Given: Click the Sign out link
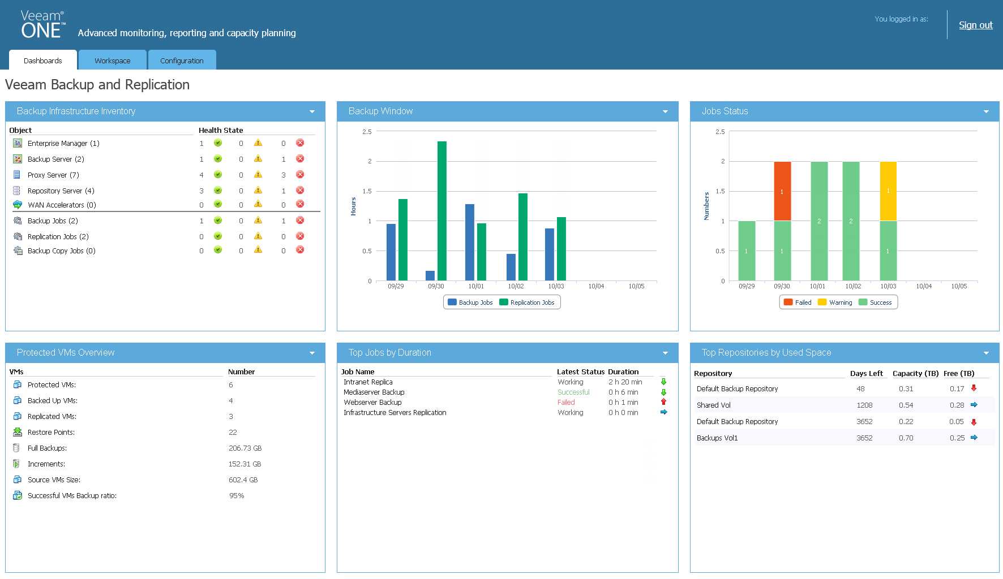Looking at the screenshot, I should click(x=975, y=25).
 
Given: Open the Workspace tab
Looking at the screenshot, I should click(x=112, y=61).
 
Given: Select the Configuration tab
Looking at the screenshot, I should click(x=182, y=61).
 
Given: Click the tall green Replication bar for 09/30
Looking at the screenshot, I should click(x=442, y=210).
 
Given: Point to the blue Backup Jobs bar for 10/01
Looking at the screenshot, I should click(x=470, y=242).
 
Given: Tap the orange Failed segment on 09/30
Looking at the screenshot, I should click(x=782, y=191).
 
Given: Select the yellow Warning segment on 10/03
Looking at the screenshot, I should click(x=888, y=191).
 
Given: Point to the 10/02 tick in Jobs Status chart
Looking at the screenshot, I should click(x=853, y=286).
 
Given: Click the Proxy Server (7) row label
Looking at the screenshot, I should click(x=53, y=175).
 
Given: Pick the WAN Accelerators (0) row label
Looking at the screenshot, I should click(x=62, y=205).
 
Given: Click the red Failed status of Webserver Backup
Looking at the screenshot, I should click(x=566, y=403).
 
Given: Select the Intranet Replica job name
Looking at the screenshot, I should click(x=368, y=382).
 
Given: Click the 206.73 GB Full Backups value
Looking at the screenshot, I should click(x=245, y=448).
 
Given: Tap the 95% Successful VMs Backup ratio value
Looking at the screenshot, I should click(x=237, y=496).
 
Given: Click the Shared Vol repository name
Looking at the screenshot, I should click(x=713, y=405).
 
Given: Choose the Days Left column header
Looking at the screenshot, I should click(x=866, y=374).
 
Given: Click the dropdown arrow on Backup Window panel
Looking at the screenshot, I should click(x=665, y=112).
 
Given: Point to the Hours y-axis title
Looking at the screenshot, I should click(x=353, y=206).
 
